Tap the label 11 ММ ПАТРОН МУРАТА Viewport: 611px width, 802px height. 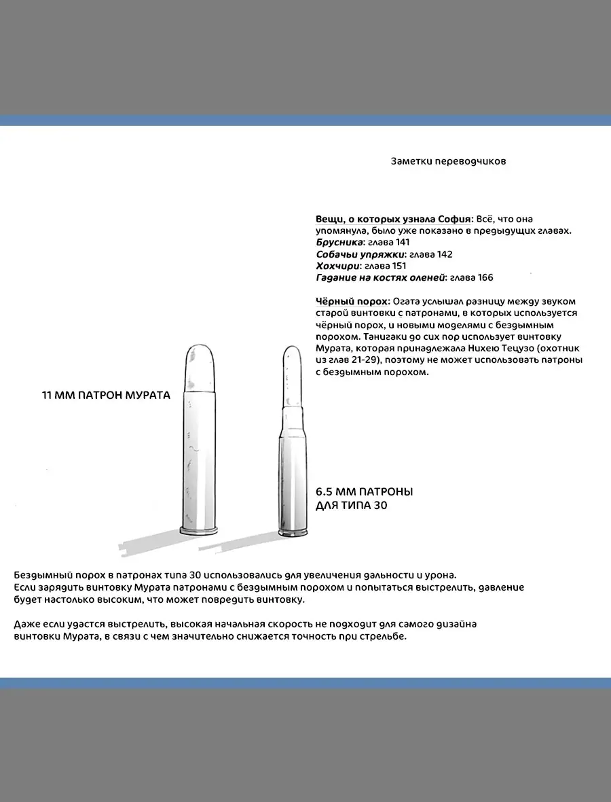(106, 395)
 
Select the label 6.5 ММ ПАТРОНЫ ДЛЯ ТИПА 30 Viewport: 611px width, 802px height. (364, 498)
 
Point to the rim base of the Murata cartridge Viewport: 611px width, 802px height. (200, 530)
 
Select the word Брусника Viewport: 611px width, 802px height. (339, 242)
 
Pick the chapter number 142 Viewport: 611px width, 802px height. (444, 254)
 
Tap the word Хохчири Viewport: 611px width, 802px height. (335, 266)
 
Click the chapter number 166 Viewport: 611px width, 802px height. (484, 277)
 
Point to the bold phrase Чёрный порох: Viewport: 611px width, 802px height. (352, 301)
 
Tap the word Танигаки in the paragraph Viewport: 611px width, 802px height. (386, 336)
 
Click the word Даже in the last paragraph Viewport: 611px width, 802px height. (26, 624)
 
